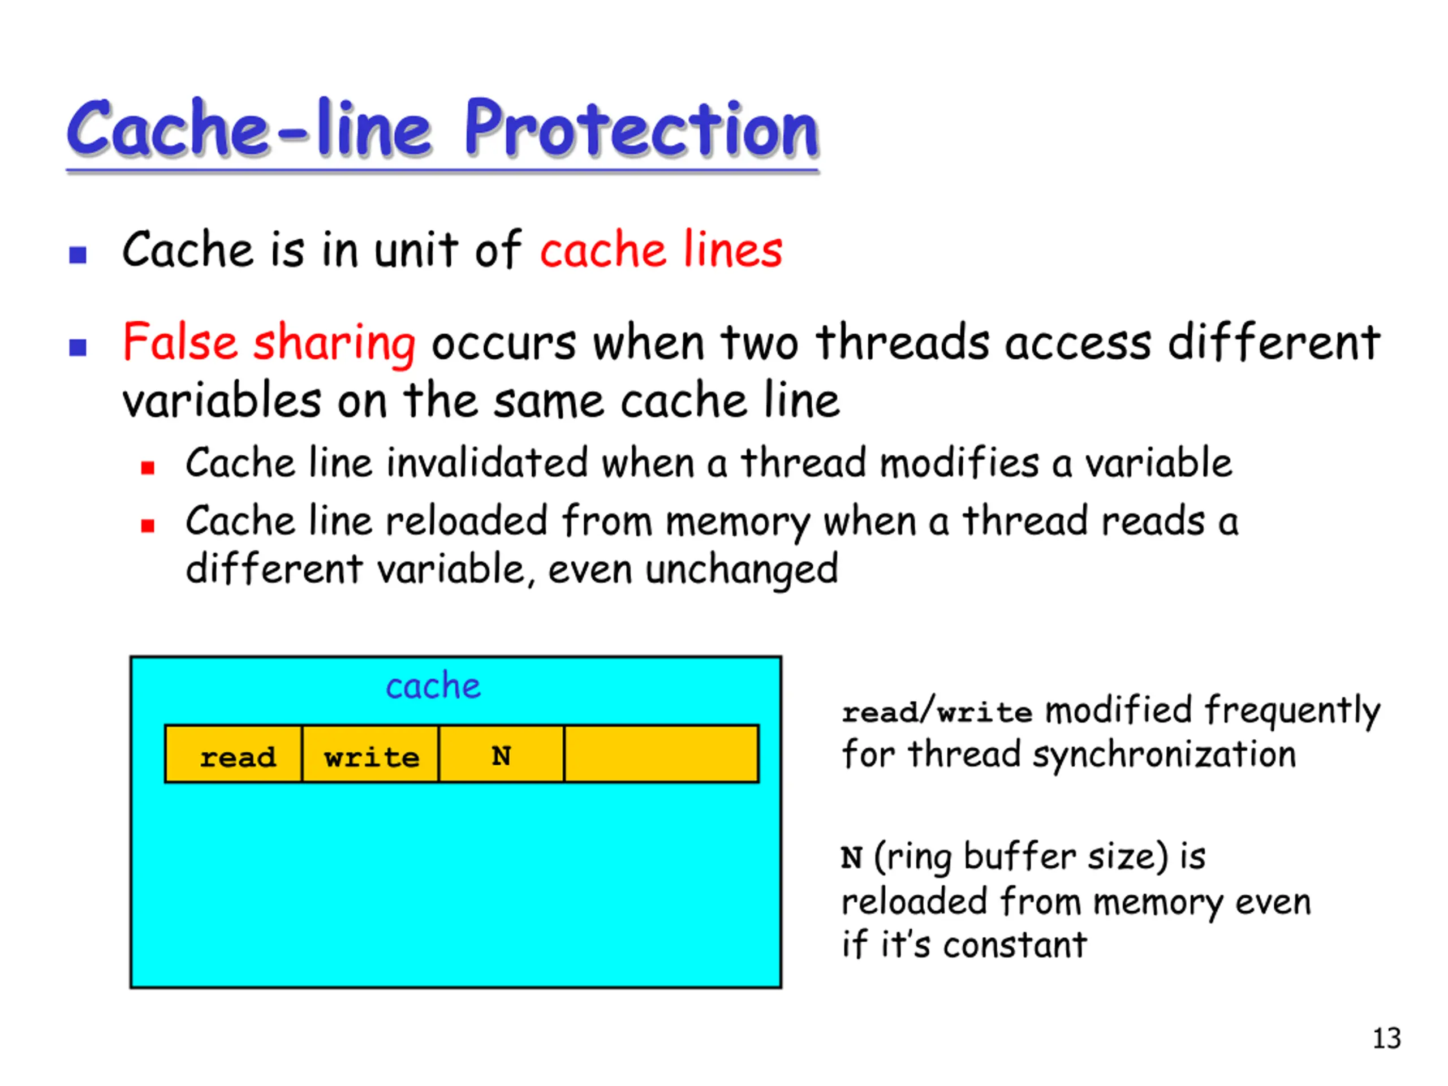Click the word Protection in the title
click(641, 128)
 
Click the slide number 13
click(1386, 1038)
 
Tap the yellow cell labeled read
click(234, 753)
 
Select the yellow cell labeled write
click(370, 753)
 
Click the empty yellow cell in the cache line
click(661, 753)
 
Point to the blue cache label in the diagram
click(433, 686)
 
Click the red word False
click(180, 342)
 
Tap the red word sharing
click(334, 344)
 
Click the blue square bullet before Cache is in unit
click(78, 254)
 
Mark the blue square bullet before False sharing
click(78, 347)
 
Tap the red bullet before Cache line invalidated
click(148, 467)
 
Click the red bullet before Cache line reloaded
click(148, 525)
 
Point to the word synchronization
click(1165, 755)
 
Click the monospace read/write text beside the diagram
click(937, 711)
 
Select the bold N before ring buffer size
click(851, 857)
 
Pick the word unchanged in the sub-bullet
click(742, 569)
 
